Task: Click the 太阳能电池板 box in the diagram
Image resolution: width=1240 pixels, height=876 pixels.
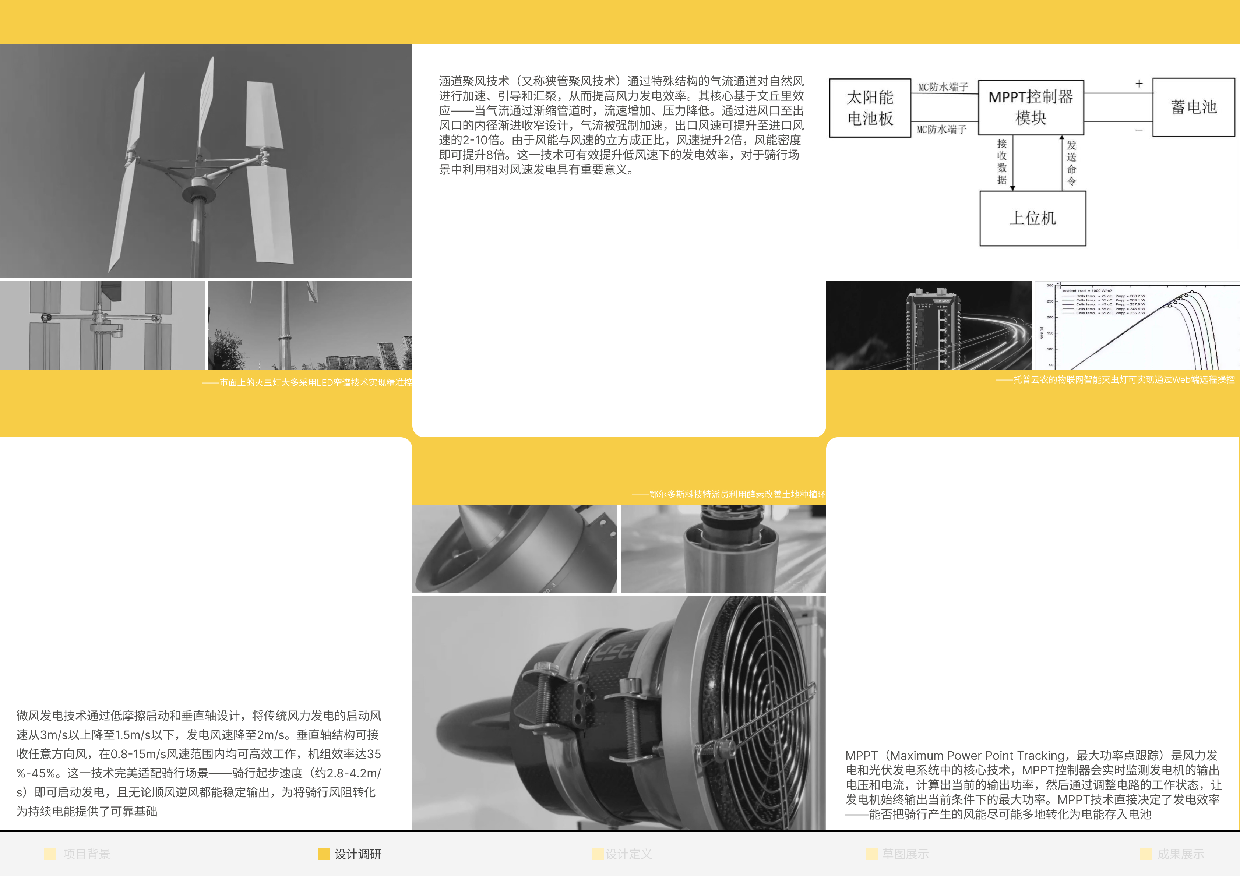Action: (870, 108)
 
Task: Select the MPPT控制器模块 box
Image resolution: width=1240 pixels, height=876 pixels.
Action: (1031, 107)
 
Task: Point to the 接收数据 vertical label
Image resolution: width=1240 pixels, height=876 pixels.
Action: (1001, 162)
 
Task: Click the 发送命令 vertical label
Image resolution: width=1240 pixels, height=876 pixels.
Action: (1071, 163)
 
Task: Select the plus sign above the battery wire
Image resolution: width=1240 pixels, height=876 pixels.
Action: (1138, 84)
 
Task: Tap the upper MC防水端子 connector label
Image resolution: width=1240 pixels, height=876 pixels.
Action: (943, 87)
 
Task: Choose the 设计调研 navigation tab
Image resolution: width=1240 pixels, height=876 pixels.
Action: (357, 854)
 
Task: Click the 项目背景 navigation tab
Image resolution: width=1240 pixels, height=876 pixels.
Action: (87, 854)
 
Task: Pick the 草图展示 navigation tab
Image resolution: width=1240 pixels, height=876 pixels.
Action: (905, 854)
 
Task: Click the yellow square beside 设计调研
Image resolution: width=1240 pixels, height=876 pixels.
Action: (324, 854)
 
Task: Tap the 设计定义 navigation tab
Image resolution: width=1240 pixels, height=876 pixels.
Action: (628, 854)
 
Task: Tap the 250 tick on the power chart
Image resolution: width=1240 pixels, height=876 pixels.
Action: (1050, 301)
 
